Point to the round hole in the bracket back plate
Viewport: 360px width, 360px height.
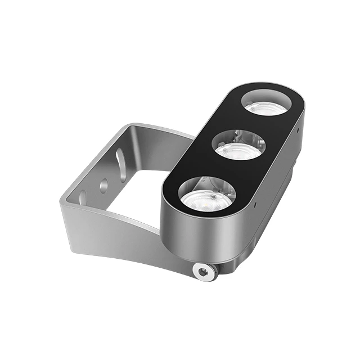tap(103, 184)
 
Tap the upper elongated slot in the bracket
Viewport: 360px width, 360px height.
tap(120, 159)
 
